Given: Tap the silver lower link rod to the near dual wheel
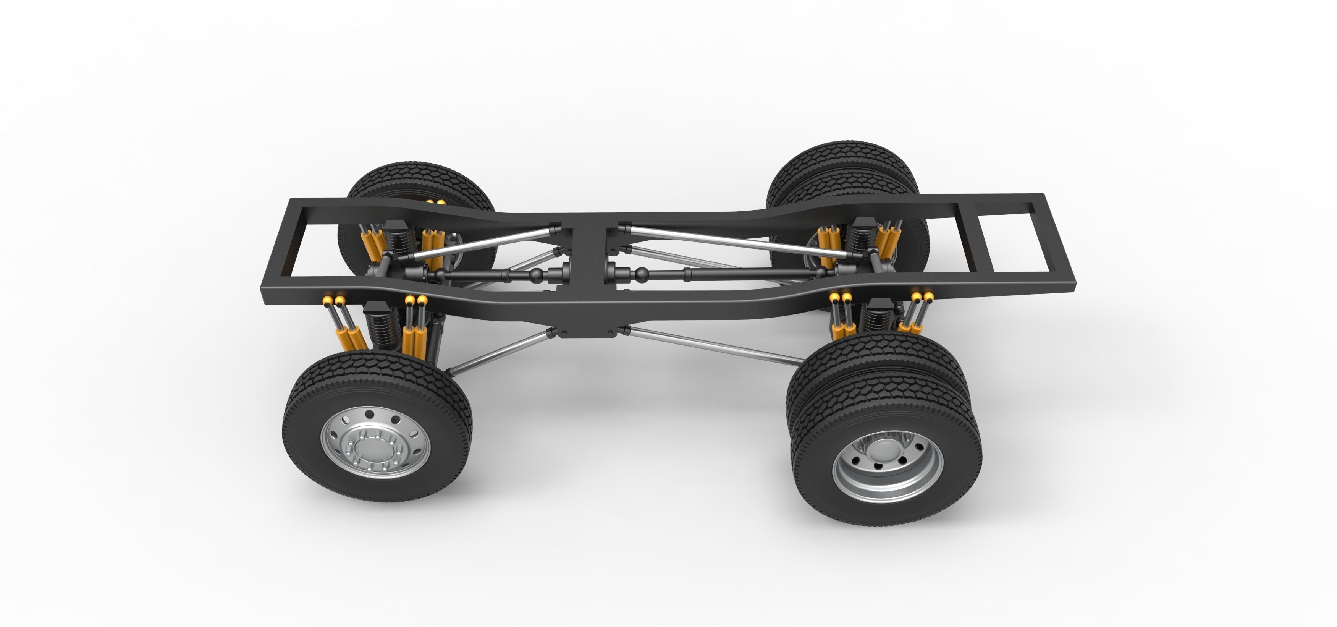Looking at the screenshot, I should [711, 345].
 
